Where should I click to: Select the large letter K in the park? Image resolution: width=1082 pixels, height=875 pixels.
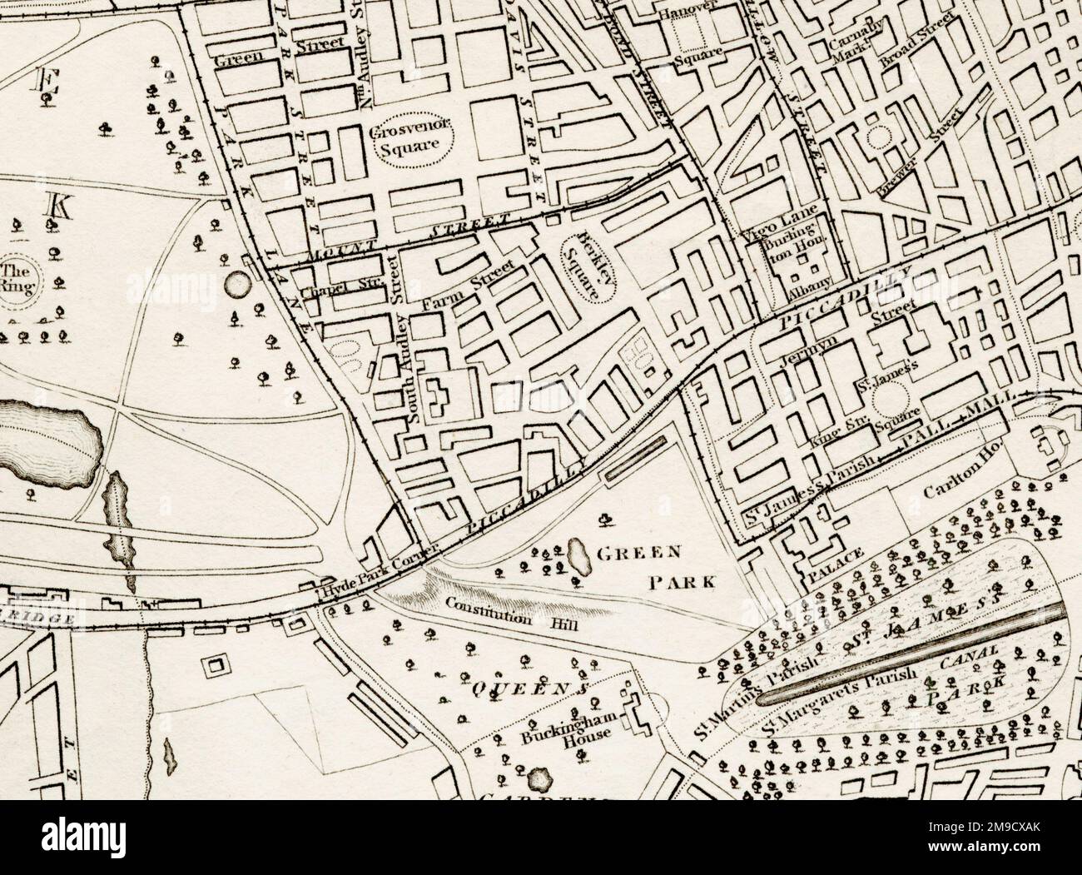[58, 205]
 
